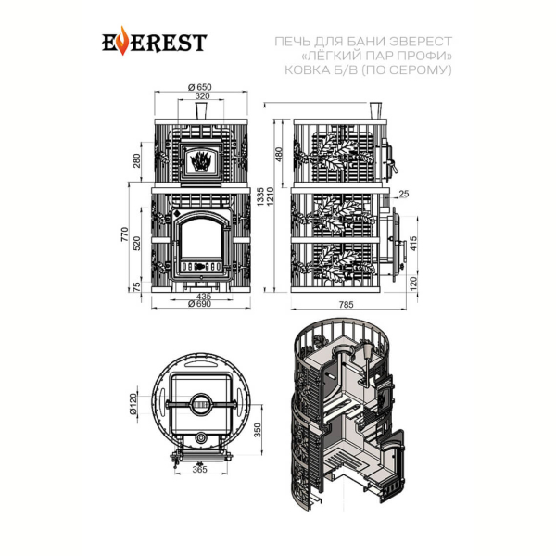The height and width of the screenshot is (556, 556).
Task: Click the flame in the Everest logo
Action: (x=122, y=41)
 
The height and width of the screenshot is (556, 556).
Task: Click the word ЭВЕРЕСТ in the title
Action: (x=421, y=42)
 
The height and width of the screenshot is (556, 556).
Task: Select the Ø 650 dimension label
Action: (x=200, y=87)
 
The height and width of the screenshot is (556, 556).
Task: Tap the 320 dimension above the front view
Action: (x=202, y=95)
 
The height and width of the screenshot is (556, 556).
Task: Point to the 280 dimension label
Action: (x=137, y=160)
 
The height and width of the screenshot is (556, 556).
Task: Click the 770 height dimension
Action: (x=124, y=234)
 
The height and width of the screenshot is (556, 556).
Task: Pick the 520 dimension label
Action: (x=137, y=243)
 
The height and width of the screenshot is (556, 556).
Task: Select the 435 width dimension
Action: (x=204, y=296)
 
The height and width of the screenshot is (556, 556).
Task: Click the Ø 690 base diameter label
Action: (x=199, y=304)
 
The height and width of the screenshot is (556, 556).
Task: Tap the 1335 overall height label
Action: (x=260, y=197)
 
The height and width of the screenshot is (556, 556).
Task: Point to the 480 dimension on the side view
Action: (x=279, y=155)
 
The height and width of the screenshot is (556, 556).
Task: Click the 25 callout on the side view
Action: (x=403, y=194)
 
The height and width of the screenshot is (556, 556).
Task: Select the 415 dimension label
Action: (x=413, y=244)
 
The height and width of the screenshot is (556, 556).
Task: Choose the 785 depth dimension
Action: (x=347, y=305)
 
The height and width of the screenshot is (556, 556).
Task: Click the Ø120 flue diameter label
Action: (x=133, y=404)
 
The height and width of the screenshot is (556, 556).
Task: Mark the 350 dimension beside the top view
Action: (x=258, y=430)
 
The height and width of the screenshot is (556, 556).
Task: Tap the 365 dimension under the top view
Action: (x=199, y=470)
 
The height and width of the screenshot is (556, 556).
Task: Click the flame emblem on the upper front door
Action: (x=201, y=161)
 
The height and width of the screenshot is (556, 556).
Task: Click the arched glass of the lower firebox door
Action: (x=201, y=238)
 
